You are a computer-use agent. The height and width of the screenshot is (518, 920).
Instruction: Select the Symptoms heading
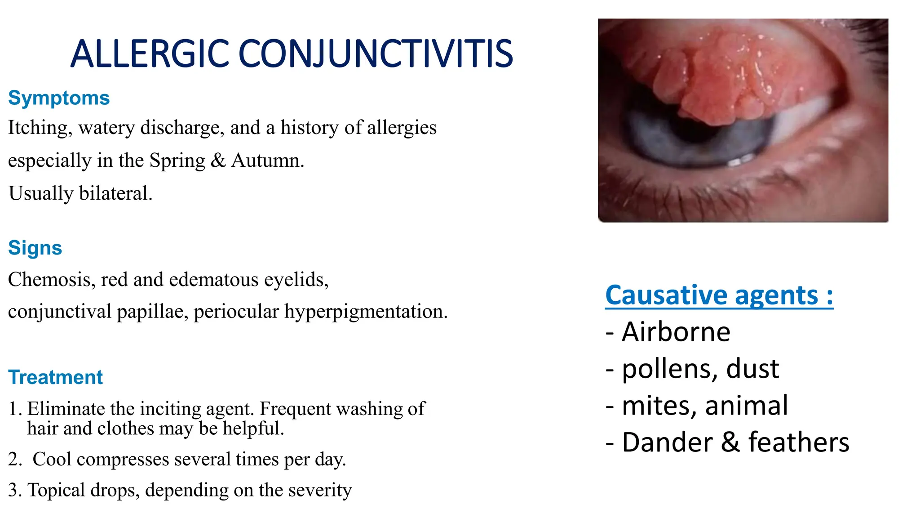coord(59,98)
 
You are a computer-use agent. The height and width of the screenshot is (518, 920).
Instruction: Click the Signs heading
coord(35,248)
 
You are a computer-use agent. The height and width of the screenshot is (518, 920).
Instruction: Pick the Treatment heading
coord(56,377)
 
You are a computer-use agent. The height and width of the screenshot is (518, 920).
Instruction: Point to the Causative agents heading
coord(719,295)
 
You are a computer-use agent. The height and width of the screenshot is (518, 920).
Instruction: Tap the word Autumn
coord(268,161)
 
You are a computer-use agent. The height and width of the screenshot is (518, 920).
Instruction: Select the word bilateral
coord(116,193)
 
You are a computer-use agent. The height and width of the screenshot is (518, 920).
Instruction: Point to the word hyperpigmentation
coord(366,312)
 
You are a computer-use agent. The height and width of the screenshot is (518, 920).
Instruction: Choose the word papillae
coord(152,312)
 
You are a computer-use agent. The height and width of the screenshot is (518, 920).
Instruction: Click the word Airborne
coord(676,332)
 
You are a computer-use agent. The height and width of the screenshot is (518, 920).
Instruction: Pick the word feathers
coord(799,442)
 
